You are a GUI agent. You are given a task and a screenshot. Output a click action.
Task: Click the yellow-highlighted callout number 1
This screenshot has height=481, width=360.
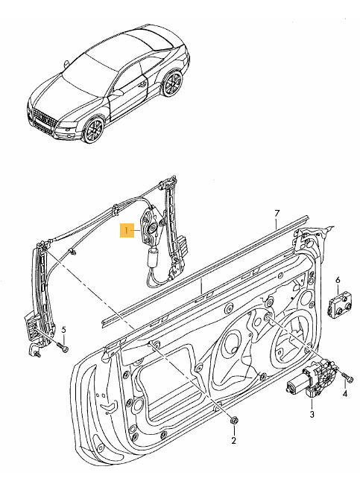coord(128,232)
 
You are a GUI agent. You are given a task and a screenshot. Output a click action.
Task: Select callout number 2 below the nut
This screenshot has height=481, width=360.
coord(233,441)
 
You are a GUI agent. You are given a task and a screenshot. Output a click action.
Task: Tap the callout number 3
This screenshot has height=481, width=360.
coord(312,413)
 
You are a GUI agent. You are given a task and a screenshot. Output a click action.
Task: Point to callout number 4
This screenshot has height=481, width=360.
coord(345,394)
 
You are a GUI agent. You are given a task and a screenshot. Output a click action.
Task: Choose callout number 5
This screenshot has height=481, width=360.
coord(64,330)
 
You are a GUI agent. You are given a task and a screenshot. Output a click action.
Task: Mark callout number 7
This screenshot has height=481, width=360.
coord(276,213)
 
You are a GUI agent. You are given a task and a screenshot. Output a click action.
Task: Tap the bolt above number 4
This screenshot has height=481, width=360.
coord(345,377)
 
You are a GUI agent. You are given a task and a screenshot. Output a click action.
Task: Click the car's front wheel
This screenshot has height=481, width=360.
coord(93,131)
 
